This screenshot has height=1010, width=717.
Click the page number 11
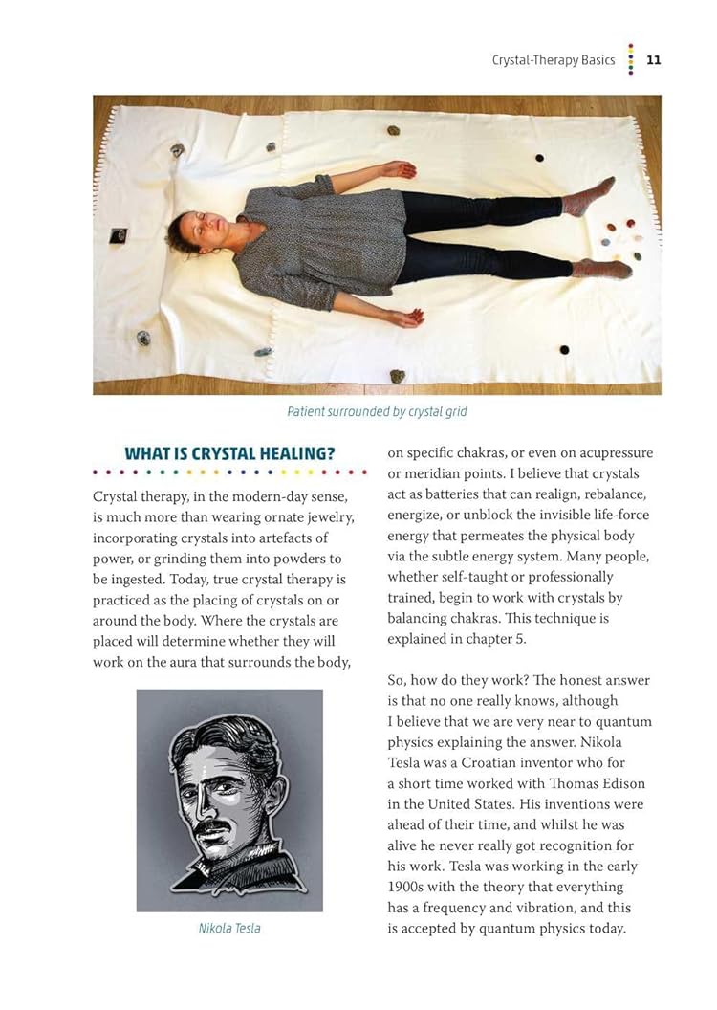(x=654, y=59)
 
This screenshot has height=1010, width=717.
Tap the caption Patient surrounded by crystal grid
(x=377, y=412)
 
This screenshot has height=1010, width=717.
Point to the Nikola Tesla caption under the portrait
(x=229, y=928)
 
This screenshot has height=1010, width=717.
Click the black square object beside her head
(x=119, y=233)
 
